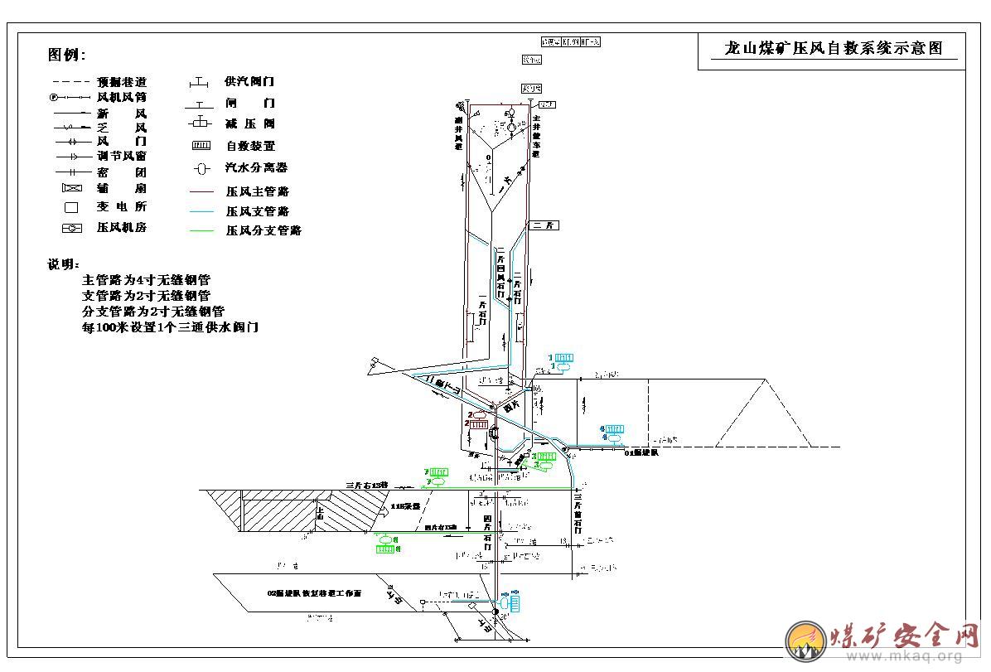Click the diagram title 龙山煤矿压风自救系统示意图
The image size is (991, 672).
click(833, 49)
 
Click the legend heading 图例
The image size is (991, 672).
click(66, 56)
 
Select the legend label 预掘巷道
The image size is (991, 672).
click(122, 82)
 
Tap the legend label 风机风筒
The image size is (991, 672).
click(122, 97)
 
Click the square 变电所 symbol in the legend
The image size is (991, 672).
click(71, 207)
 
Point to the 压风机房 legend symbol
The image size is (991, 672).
click(71, 228)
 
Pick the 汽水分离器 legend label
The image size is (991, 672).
click(256, 167)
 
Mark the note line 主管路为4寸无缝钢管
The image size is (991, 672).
click(146, 280)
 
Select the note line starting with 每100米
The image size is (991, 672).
click(170, 327)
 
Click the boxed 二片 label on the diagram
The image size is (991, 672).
click(546, 225)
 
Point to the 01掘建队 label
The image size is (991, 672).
click(641, 452)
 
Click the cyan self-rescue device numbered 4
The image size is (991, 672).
click(614, 431)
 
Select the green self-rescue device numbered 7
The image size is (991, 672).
click(438, 476)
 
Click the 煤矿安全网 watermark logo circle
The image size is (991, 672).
click(805, 640)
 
